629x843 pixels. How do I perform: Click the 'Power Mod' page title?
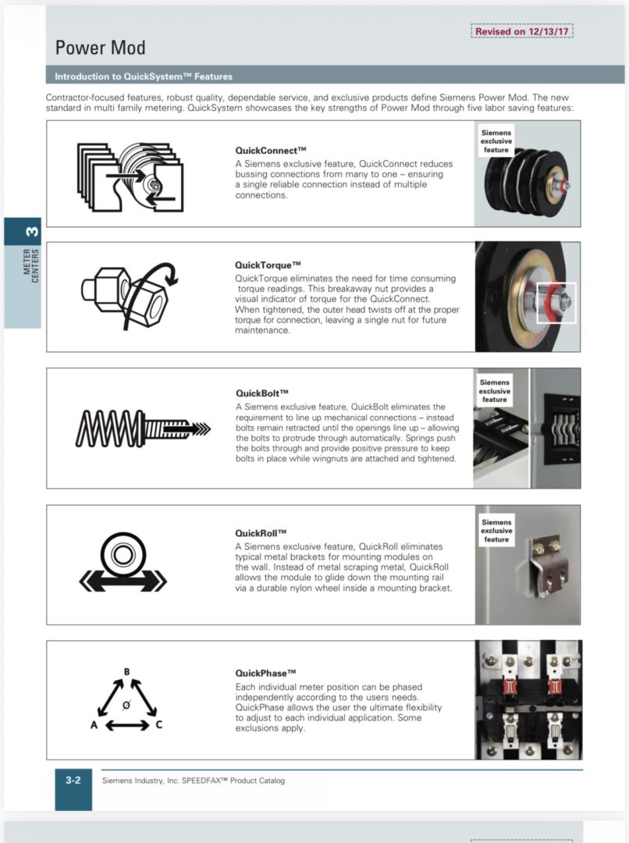point(100,48)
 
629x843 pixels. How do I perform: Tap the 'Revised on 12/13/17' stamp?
point(522,31)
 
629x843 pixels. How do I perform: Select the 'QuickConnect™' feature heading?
point(270,149)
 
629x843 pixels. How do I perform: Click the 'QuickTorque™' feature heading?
point(268,265)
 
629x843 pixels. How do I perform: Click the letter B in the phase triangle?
point(127,672)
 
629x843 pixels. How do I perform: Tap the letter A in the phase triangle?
point(94,725)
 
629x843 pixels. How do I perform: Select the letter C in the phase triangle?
point(159,725)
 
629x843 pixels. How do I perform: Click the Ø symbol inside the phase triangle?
point(126,705)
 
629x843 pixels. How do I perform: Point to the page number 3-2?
point(73,780)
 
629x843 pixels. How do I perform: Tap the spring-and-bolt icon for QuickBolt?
point(143,428)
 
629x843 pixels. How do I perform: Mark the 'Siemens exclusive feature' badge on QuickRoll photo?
point(496,531)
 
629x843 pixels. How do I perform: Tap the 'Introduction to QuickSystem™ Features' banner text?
point(143,76)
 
